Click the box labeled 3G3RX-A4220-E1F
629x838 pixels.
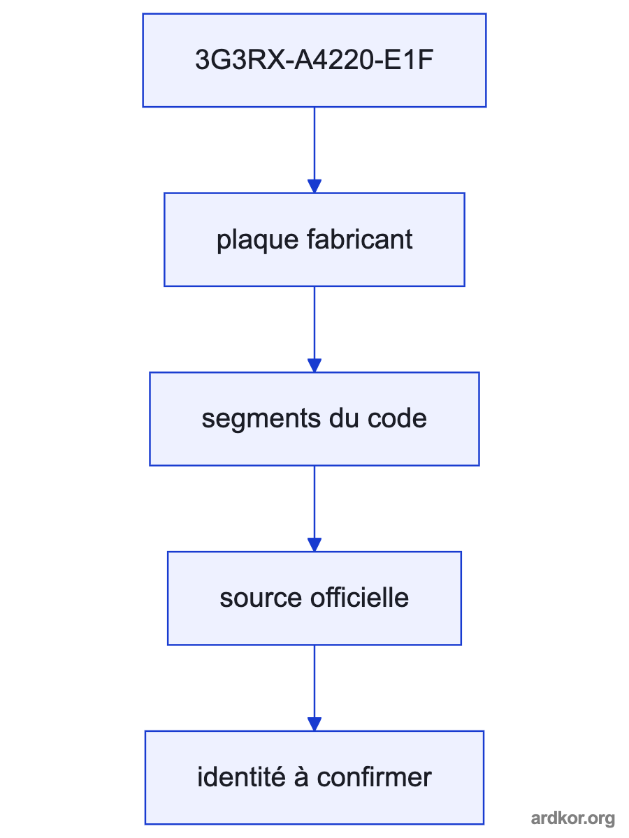[x=314, y=60]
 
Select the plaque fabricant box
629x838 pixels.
[x=314, y=240]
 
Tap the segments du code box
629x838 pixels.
[x=314, y=419]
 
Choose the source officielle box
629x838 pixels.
[x=314, y=598]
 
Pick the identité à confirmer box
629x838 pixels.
[x=314, y=778]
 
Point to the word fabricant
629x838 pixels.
[x=360, y=239]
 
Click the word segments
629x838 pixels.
[x=261, y=420]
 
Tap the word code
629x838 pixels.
[x=397, y=418]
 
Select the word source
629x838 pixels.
[x=261, y=598]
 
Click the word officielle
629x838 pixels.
[x=359, y=598]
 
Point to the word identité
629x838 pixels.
[x=241, y=777]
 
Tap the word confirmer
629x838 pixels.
[x=375, y=777]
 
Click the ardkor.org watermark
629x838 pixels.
[x=573, y=818]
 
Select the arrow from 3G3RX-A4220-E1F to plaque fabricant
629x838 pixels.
[x=314, y=150]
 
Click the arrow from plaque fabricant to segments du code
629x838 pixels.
[x=314, y=330]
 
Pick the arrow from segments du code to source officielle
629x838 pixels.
[x=314, y=508]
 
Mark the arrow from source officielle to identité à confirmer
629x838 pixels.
[x=314, y=688]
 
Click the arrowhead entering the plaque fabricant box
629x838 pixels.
[x=314, y=186]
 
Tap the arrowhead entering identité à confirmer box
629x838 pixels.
[x=314, y=724]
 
